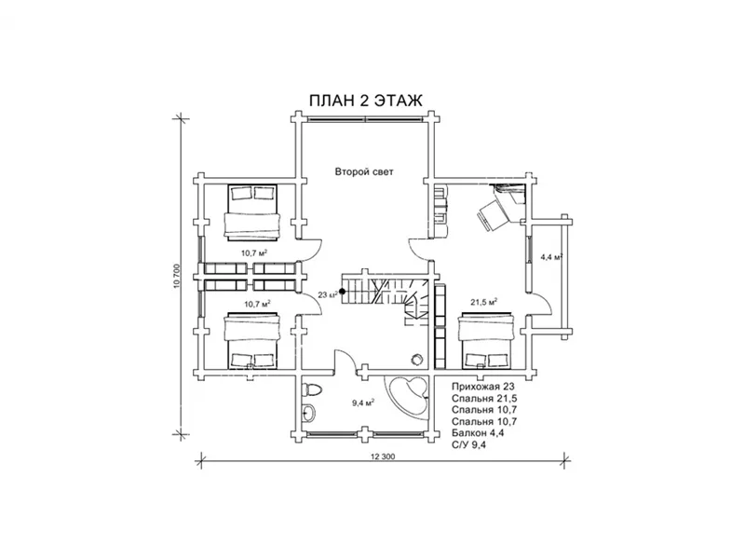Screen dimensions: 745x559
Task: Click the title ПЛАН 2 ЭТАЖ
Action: (x=365, y=101)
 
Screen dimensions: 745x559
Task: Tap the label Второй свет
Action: (x=364, y=171)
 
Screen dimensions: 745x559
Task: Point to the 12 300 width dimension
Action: (x=383, y=457)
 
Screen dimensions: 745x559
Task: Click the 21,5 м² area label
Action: (x=483, y=301)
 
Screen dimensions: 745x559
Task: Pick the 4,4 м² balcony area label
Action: (x=551, y=257)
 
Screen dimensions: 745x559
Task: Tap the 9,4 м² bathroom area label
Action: (x=363, y=403)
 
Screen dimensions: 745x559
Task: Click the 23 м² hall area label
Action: (x=328, y=294)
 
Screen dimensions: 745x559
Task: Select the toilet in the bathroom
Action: (x=312, y=389)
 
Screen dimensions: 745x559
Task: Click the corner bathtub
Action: (x=409, y=396)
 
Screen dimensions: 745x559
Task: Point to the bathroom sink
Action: (x=308, y=413)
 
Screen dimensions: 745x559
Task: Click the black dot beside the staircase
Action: (x=342, y=292)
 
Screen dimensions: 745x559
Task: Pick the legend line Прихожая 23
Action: (x=482, y=387)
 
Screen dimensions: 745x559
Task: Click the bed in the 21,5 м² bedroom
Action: (x=485, y=340)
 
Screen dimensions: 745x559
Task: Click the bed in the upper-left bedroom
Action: (x=251, y=211)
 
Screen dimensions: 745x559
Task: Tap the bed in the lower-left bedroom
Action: (x=251, y=340)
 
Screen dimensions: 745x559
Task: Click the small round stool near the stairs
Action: (x=416, y=358)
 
